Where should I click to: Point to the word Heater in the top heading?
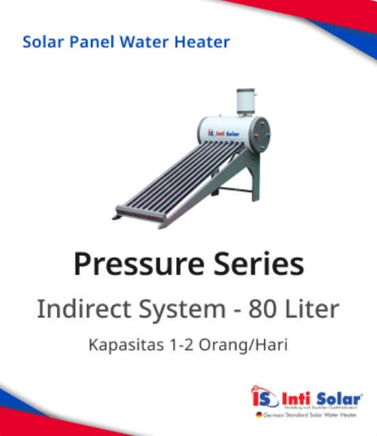point(200,42)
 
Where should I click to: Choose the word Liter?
point(313,309)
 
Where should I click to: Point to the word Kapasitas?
point(123,345)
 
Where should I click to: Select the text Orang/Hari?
point(243,345)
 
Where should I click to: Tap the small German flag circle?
point(258,414)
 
